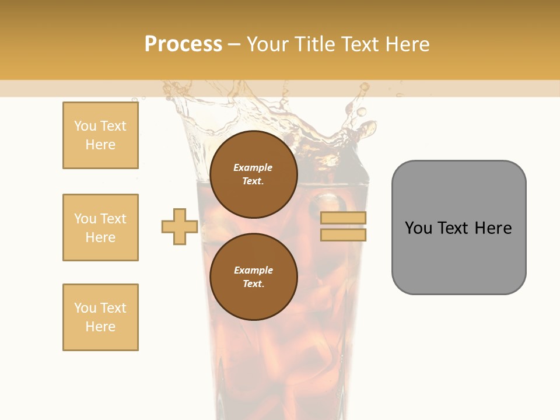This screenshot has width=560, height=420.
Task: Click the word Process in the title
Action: point(183,44)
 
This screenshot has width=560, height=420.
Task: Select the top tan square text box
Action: point(100,135)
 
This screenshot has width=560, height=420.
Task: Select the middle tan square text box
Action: point(100,228)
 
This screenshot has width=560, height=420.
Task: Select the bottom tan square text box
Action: point(100,317)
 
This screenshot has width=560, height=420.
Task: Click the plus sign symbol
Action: point(180,227)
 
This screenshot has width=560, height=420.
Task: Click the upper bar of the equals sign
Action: point(344,218)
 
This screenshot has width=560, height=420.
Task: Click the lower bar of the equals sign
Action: point(344,235)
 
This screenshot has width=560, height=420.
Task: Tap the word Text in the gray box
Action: point(453,228)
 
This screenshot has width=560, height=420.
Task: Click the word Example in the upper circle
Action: point(253,167)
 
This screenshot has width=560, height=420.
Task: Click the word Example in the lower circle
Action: point(253,270)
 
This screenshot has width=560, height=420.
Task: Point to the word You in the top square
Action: point(85,126)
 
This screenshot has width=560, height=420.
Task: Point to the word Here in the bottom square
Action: point(100,327)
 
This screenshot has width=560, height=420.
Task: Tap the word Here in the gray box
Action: point(493,228)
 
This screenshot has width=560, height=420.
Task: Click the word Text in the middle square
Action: point(113,219)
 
